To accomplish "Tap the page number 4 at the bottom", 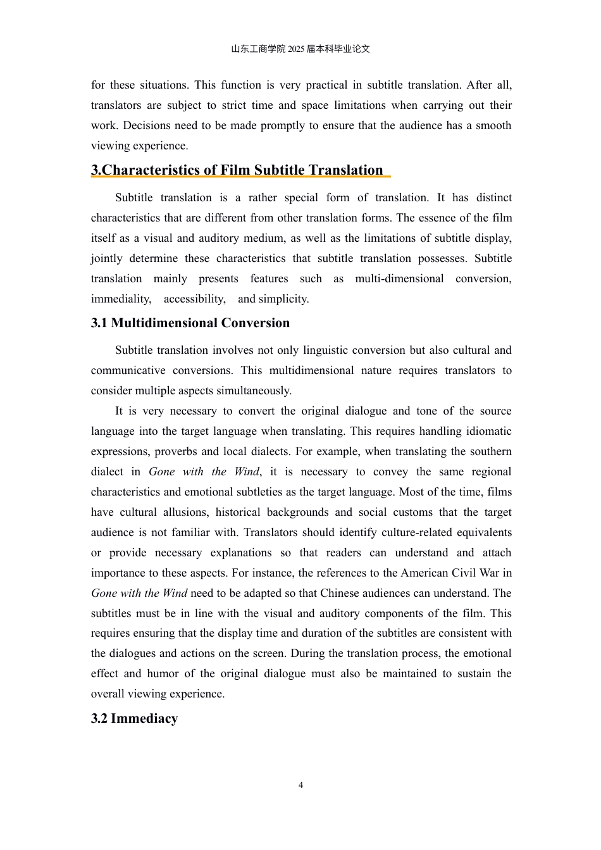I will (300, 785).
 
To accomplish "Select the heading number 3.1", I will (99, 323).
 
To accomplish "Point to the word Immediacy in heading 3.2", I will (144, 719).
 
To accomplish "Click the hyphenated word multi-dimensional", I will (399, 278).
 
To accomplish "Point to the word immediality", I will (121, 299).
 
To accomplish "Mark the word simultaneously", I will (253, 391).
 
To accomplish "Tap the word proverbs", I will (177, 451).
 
